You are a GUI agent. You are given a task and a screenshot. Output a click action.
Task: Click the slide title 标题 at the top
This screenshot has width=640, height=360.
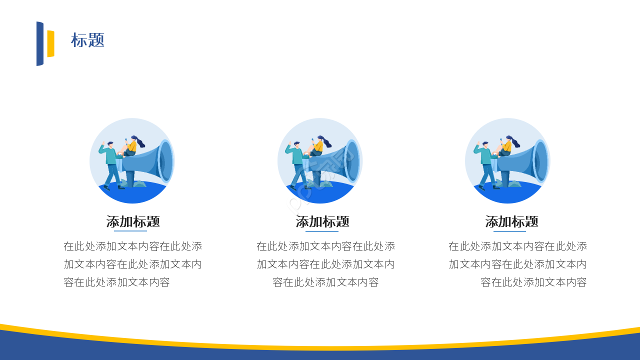point(87,40)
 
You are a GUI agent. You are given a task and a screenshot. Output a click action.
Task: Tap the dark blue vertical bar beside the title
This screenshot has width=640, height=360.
point(40,43)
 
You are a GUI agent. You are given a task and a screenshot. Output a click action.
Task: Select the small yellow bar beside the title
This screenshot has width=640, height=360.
point(50,43)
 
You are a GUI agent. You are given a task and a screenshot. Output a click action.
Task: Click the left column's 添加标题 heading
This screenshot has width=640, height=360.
point(133,221)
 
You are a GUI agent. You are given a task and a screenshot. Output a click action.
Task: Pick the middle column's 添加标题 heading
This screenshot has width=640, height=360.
point(322,221)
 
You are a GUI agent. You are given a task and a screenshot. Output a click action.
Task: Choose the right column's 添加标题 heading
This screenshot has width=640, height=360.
point(511,221)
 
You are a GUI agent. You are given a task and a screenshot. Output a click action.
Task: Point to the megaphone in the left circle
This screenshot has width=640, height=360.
point(150,161)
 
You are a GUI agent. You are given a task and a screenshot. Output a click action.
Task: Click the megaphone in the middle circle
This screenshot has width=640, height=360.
point(338,161)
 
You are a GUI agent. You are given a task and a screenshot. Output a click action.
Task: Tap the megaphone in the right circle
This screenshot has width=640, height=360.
point(525,161)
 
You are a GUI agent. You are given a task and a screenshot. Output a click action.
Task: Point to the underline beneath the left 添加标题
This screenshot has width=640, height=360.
point(130,231)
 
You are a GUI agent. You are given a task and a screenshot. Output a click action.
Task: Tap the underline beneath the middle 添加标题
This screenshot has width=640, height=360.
point(322,231)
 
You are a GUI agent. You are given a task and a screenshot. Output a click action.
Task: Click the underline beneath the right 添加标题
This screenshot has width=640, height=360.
point(509,231)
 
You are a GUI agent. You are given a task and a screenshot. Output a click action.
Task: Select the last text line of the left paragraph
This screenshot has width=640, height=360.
point(117,282)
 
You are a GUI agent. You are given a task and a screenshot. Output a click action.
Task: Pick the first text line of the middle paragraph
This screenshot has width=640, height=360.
point(325,246)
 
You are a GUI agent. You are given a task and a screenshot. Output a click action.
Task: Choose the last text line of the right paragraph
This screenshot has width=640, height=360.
point(533,282)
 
